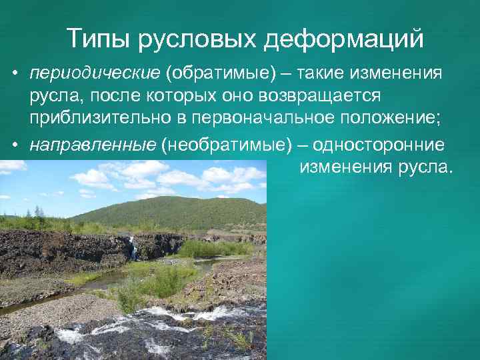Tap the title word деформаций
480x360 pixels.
click(x=345, y=39)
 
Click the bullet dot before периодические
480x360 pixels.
click(x=14, y=73)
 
